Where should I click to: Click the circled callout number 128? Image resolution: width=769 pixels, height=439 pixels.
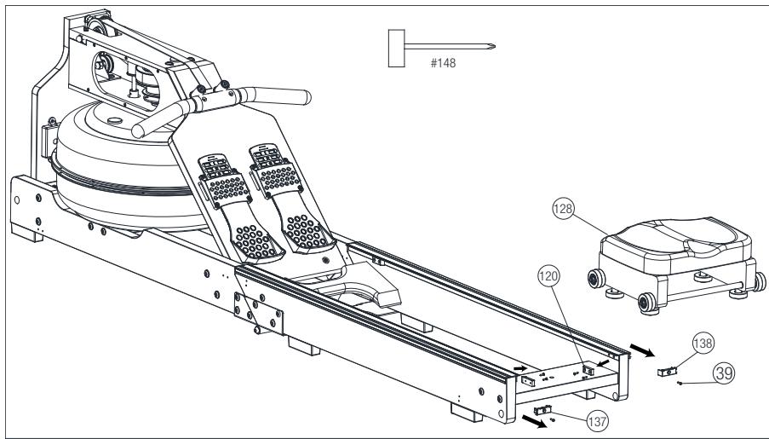tap(563, 209)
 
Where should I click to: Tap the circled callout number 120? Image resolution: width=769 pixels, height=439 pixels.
tap(548, 276)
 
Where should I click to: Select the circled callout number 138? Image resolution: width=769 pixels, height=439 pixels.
tap(703, 343)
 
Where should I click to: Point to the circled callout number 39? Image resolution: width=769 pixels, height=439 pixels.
tap(724, 373)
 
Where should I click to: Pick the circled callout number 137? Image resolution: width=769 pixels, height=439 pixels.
tap(597, 421)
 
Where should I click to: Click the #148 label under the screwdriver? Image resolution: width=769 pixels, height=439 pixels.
tap(444, 63)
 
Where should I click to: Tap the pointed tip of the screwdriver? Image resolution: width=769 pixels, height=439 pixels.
tap(494, 47)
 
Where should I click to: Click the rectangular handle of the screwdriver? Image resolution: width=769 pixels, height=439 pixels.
tap(396, 48)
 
